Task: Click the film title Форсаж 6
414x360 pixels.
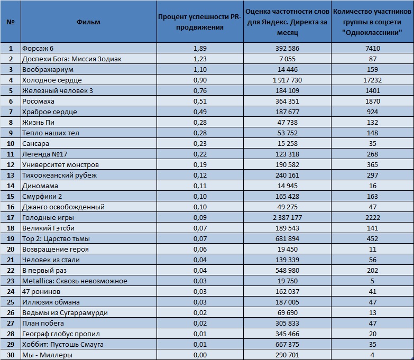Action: pyautogui.click(x=38, y=48)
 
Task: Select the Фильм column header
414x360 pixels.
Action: pyautogui.click(x=88, y=22)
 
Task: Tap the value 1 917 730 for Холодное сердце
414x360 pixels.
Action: pyautogui.click(x=287, y=80)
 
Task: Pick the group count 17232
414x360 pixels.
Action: pyautogui.click(x=372, y=80)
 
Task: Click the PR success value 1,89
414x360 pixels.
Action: pyautogui.click(x=200, y=48)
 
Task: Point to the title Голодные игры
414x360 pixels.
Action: pyautogui.click(x=48, y=217)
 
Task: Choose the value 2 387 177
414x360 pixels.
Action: pyautogui.click(x=287, y=217)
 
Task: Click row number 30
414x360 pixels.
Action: pyautogui.click(x=11, y=355)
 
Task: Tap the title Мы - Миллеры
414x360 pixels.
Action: pyautogui.click(x=47, y=355)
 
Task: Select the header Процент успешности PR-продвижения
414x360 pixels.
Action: pyautogui.click(x=200, y=22)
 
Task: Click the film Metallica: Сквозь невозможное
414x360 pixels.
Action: pyautogui.click(x=75, y=281)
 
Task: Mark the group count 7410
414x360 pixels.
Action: pyautogui.click(x=373, y=48)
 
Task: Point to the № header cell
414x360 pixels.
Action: pyautogui.click(x=11, y=22)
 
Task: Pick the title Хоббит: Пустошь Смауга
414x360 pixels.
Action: pyautogui.click(x=63, y=345)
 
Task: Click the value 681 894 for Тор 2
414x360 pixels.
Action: pyautogui.click(x=287, y=238)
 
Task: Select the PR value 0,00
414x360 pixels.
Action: pyautogui.click(x=200, y=355)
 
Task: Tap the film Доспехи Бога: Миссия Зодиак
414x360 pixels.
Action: pyautogui.click(x=72, y=59)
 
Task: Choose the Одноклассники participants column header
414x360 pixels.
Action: pyautogui.click(x=372, y=22)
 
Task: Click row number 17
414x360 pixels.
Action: pyautogui.click(x=11, y=217)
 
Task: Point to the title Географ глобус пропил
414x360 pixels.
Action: pyautogui.click(x=61, y=334)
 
